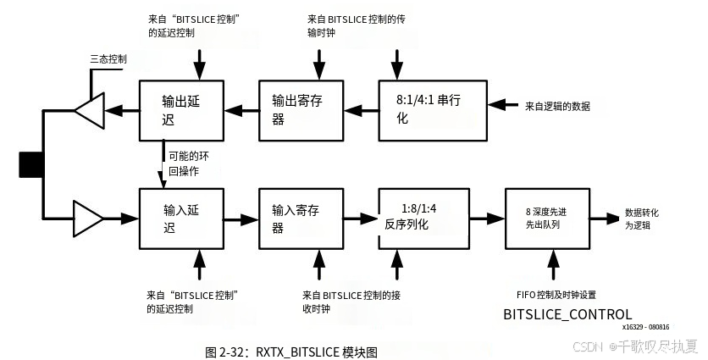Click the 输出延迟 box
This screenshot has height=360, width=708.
181,109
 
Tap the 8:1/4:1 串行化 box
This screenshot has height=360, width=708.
432,109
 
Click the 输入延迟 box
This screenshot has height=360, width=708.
181,218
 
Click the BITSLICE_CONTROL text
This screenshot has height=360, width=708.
567,314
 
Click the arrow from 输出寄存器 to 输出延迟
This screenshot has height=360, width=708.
241,109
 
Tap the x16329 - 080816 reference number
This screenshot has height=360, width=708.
645,327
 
